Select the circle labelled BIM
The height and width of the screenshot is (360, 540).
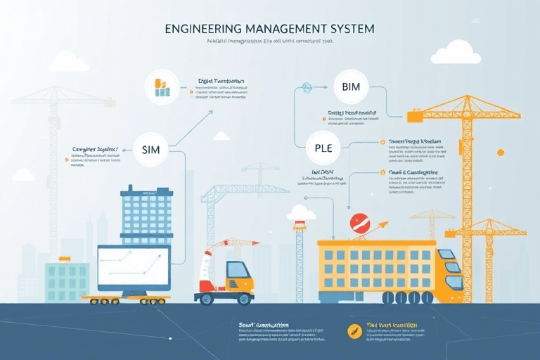click(349, 87)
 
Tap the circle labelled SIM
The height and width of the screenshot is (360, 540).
click(150, 149)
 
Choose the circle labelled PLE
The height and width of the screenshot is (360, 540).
click(323, 148)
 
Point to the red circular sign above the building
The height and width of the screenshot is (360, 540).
click(359, 224)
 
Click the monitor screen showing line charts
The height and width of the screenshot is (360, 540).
click(134, 266)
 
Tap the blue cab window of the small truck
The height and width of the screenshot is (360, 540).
click(237, 270)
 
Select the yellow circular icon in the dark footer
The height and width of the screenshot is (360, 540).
click(354, 331)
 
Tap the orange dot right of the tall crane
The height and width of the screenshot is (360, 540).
click(500, 153)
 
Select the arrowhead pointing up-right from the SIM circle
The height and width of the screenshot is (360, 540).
click(210, 112)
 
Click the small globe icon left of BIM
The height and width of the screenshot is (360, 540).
click(307, 88)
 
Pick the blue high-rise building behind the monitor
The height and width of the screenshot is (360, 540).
click(146, 215)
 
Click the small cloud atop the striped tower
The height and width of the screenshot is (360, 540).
click(301, 212)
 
